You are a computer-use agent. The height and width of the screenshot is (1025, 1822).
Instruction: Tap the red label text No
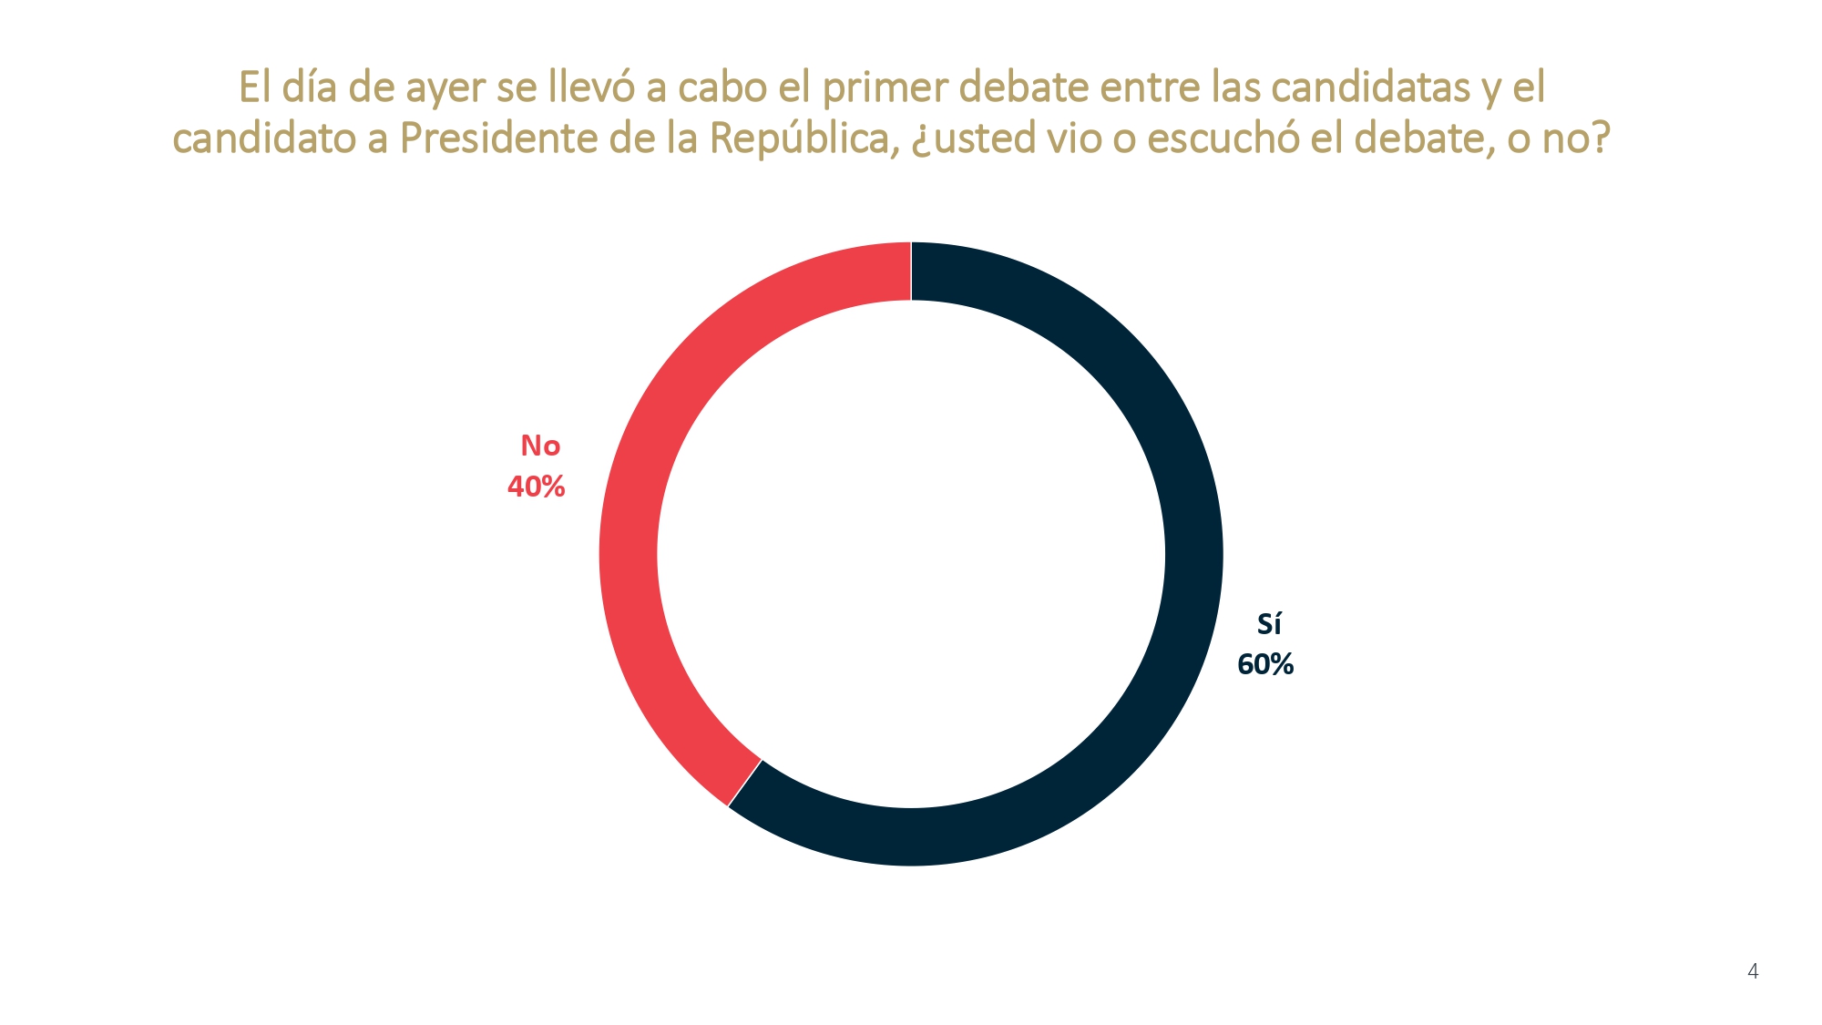click(x=540, y=446)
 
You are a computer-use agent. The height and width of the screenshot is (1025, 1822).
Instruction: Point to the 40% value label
click(x=536, y=487)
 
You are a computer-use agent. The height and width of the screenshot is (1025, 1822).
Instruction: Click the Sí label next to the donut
click(x=1269, y=624)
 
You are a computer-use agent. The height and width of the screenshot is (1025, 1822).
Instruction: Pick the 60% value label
click(x=1265, y=664)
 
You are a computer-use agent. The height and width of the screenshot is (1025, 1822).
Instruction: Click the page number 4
click(x=1753, y=971)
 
